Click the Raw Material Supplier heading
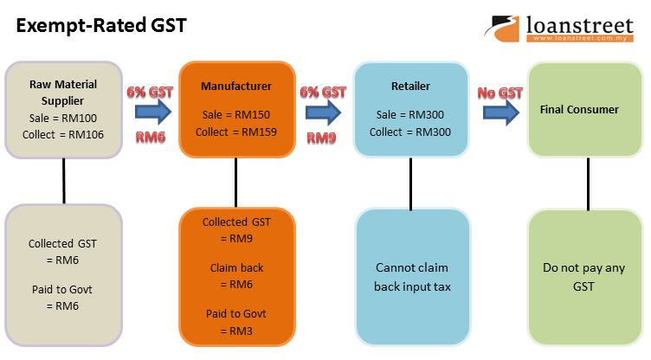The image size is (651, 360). click(63, 93)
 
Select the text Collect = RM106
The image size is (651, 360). click(63, 133)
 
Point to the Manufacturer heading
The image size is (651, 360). click(235, 87)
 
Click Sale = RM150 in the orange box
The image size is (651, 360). click(235, 115)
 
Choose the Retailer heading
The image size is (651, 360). click(410, 87)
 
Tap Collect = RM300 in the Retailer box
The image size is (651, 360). click(410, 132)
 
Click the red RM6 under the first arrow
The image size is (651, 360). click(151, 136)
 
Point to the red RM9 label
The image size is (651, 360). click(322, 136)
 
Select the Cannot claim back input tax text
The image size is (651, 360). click(412, 276)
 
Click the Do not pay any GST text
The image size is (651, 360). click(583, 276)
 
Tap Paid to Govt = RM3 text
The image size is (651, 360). click(236, 322)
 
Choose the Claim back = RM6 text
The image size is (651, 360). click(236, 276)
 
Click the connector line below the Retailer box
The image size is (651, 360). click(410, 183)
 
